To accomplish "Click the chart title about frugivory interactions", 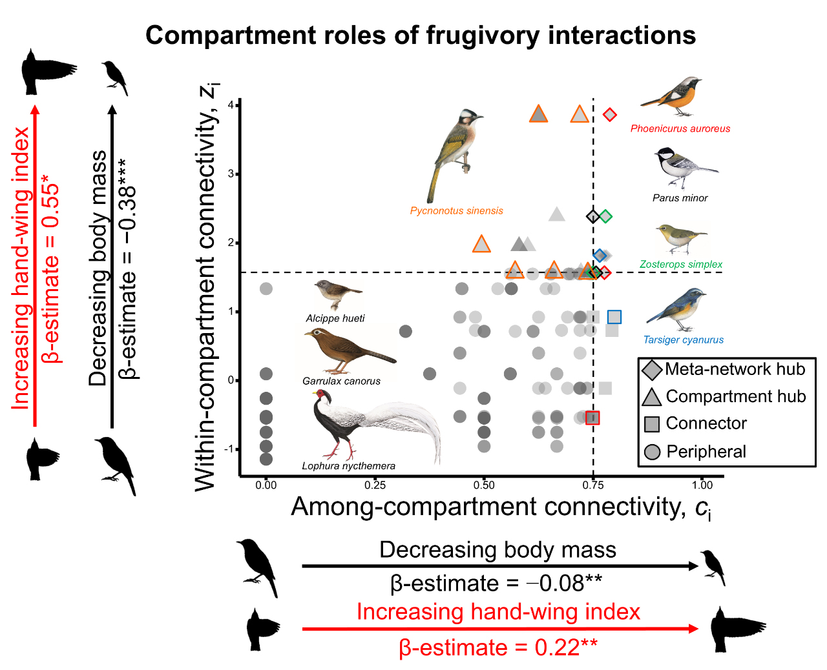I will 421,35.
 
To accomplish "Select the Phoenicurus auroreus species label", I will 680,128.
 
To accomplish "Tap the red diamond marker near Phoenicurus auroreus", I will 609,115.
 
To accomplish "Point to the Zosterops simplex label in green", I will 681,264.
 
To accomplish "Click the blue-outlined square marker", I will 614,317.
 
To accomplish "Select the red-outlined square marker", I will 592,418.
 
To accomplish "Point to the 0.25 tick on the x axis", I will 375,485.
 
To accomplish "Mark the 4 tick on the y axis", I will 231,105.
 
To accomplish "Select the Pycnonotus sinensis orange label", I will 456,210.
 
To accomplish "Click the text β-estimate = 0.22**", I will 498,647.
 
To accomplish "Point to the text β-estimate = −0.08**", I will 496,584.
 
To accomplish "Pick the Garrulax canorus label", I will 341,381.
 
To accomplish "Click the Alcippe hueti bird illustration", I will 337,294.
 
